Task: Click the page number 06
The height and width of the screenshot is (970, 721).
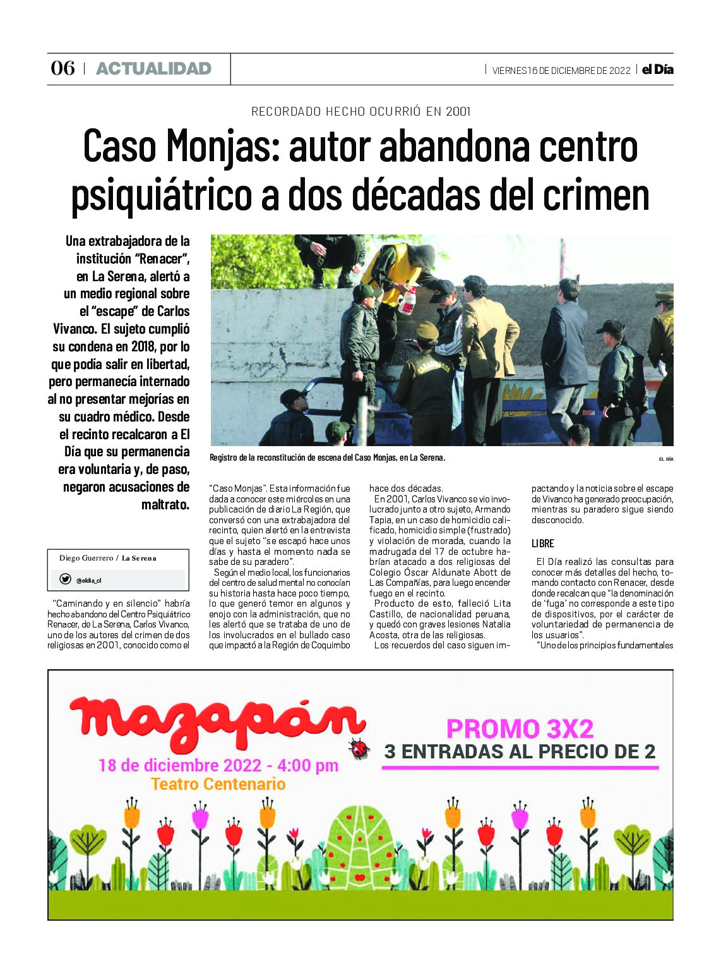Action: (x=63, y=68)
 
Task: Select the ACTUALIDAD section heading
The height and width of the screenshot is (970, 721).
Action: (x=153, y=69)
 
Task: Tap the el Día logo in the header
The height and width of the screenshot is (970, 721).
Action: (x=657, y=70)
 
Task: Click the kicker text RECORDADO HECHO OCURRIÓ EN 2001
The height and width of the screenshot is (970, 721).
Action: (x=360, y=112)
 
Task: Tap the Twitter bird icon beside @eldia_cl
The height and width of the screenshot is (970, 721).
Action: (x=65, y=579)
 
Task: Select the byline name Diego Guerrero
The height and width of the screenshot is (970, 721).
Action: (x=86, y=558)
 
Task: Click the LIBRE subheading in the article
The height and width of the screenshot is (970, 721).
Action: (x=542, y=543)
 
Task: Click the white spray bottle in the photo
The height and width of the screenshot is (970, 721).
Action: (x=408, y=300)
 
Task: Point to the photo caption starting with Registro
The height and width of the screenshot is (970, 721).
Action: (x=327, y=458)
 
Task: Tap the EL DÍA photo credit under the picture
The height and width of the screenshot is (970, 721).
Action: (x=665, y=459)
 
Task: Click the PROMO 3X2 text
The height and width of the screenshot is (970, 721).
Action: (x=520, y=729)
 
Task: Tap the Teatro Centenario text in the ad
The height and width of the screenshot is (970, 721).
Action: (x=218, y=784)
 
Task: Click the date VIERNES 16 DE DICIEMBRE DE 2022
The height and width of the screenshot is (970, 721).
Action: (x=561, y=70)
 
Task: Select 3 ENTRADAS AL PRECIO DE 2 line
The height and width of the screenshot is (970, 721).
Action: (x=520, y=751)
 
